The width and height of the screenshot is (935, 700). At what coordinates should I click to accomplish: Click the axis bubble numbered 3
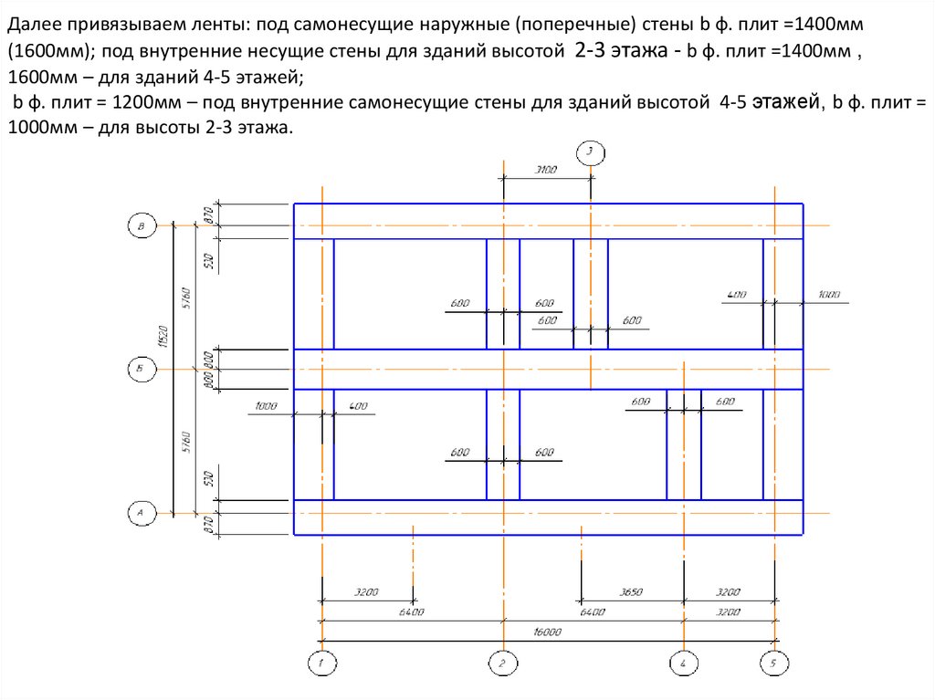coord(590,151)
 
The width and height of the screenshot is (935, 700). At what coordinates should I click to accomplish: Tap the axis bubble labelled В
coord(142,225)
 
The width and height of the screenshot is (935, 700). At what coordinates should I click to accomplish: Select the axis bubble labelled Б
coord(142,369)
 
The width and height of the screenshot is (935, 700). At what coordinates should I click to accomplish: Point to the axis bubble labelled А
coord(142,514)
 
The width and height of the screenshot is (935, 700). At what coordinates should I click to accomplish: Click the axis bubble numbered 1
coord(321,663)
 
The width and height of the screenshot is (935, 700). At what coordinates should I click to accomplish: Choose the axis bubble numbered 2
coord(502,663)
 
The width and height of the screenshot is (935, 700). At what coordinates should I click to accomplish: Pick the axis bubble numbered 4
coord(684,663)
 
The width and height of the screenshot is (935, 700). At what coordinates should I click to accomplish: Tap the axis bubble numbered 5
coord(774,663)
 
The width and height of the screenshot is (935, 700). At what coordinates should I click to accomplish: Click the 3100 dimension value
coord(546,170)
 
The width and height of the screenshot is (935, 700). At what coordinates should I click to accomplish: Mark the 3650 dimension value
coord(631,592)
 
